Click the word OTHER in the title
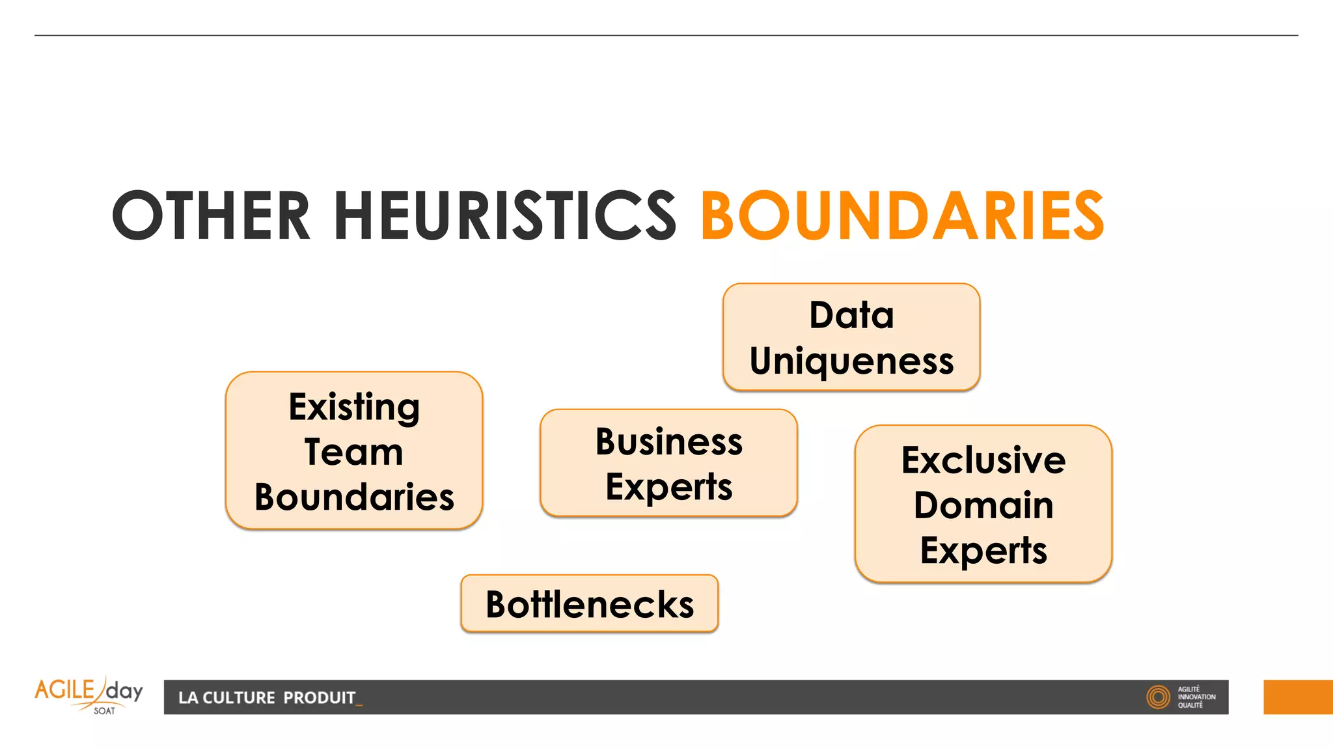click(x=211, y=215)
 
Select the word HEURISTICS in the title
click(x=505, y=215)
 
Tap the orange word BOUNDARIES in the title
click(x=902, y=215)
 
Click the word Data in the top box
click(x=851, y=316)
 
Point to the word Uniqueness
click(x=851, y=361)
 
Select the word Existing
click(x=354, y=408)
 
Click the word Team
click(x=354, y=452)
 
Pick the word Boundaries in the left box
click(x=354, y=497)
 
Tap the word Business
click(x=668, y=442)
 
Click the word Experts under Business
click(x=668, y=487)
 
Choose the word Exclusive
click(x=983, y=461)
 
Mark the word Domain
click(x=983, y=506)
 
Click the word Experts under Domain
click(x=983, y=551)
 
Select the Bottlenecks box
click(x=590, y=604)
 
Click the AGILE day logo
click(x=89, y=691)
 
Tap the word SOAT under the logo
click(x=104, y=711)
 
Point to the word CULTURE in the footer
click(x=239, y=698)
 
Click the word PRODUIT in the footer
click(x=320, y=698)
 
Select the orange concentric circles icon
click(x=1158, y=697)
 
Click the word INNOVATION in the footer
click(x=1196, y=697)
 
